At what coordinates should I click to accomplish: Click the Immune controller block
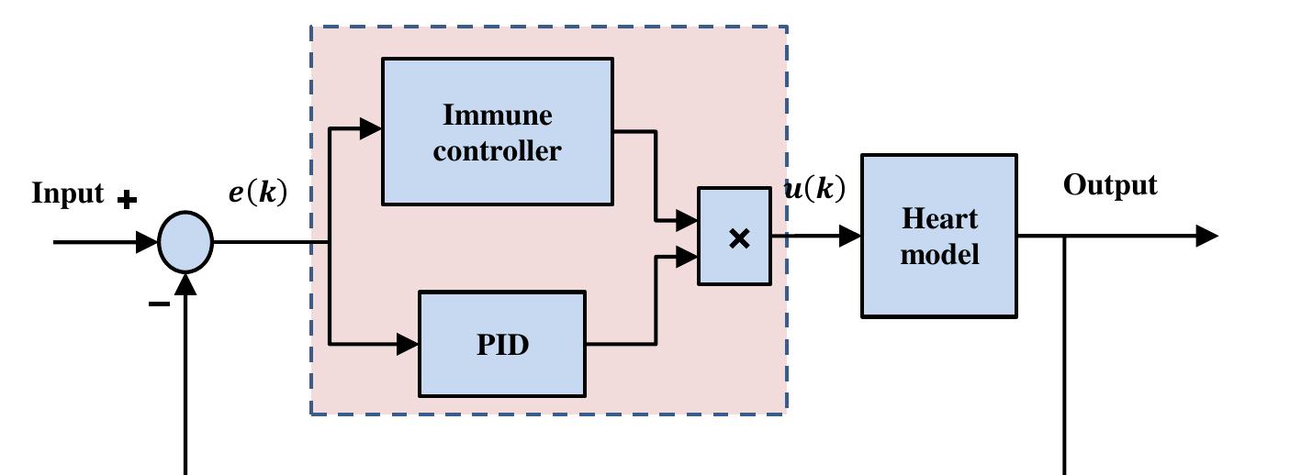[497, 131]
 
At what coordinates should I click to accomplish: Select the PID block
[502, 344]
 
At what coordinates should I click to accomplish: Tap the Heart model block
[938, 236]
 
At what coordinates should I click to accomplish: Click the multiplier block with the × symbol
[735, 237]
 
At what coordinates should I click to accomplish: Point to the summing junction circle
[185, 242]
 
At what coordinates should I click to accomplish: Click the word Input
[68, 194]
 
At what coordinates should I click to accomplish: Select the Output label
[1109, 185]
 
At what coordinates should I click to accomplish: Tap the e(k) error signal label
[257, 193]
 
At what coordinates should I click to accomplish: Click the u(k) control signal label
[813, 189]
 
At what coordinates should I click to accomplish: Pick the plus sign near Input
[127, 199]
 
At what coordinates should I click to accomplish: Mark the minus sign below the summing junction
[159, 304]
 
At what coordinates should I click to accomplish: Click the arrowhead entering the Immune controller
[371, 128]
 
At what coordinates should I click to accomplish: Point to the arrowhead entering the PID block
[408, 345]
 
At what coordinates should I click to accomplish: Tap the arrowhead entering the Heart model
[849, 236]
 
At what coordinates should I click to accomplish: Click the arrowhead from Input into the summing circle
[147, 242]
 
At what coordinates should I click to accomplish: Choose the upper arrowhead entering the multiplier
[687, 220]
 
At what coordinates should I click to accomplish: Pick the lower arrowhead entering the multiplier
[687, 258]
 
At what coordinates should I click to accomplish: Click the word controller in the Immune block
[497, 149]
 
